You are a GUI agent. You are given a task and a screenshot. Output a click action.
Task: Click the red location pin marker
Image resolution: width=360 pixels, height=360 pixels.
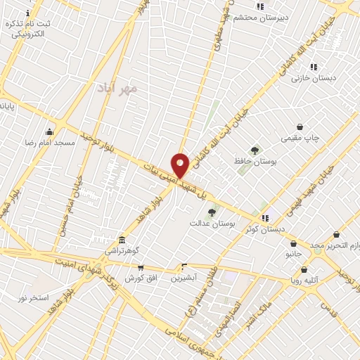(180, 165)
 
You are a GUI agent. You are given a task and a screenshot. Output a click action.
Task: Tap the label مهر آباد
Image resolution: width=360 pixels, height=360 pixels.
(119, 89)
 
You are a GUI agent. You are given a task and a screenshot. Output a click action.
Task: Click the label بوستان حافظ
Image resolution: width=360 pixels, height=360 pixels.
(255, 161)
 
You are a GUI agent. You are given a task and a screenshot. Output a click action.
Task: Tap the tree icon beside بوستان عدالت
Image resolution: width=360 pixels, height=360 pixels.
(211, 212)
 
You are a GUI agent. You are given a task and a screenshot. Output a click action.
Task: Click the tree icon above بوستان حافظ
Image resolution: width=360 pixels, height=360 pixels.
(255, 150)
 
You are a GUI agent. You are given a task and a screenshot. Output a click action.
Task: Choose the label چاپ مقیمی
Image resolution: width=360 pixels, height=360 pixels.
(300, 138)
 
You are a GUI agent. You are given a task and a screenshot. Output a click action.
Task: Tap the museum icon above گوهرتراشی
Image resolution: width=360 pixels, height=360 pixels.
(122, 240)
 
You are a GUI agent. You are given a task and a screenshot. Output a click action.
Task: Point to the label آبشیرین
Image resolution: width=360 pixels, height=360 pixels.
(184, 277)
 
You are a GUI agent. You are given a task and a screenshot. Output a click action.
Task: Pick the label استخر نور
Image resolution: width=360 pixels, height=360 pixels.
(33, 298)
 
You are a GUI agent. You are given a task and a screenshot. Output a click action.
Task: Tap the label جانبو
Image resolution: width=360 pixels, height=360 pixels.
(293, 253)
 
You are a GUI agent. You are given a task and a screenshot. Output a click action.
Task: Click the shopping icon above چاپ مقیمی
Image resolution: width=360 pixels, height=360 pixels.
(300, 127)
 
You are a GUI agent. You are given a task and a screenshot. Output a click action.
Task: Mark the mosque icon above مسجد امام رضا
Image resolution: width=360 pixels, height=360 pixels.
(49, 131)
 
